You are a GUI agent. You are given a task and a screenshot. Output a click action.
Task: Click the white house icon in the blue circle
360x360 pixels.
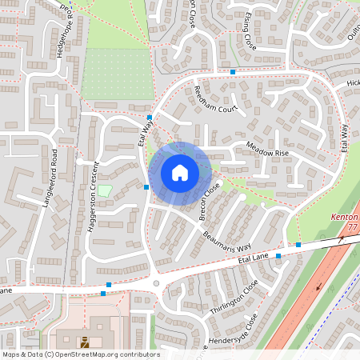pos(180,173)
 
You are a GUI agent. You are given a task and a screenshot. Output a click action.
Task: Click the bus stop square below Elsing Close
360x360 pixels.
pos(233,72)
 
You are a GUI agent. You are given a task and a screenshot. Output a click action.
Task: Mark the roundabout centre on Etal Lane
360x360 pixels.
pos(156,282)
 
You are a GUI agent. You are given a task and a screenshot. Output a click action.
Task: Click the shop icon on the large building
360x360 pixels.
pos(84,342)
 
